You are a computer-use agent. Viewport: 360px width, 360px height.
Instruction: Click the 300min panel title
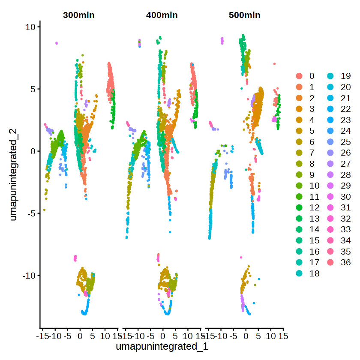pyautogui.click(x=78, y=15)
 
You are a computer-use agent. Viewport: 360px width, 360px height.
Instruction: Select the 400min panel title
pyautogui.click(x=162, y=15)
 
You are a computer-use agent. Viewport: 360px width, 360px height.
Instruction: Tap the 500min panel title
pyautogui.click(x=245, y=15)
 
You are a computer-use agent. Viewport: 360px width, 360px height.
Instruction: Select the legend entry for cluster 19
pyautogui.click(x=332, y=76)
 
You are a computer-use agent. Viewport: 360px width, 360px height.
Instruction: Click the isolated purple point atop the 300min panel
pyautogui.click(x=57, y=43)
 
